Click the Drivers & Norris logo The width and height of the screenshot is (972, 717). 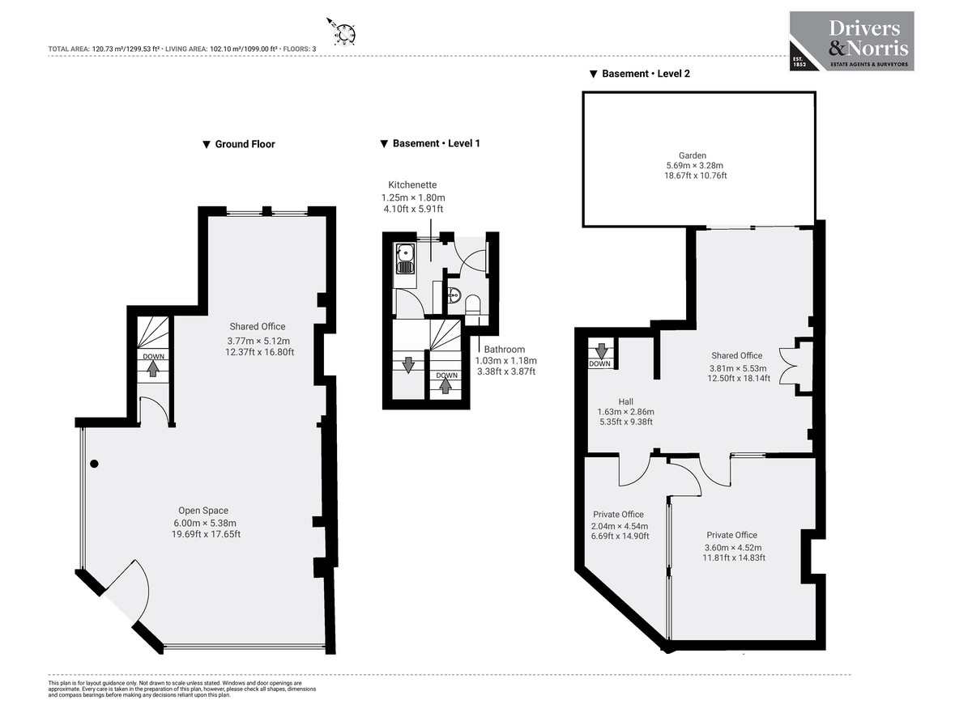(851, 40)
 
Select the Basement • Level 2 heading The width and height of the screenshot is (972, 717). (640, 74)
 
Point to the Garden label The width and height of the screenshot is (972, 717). (693, 155)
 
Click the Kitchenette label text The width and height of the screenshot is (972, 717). (413, 185)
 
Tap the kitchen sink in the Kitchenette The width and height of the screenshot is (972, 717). (404, 259)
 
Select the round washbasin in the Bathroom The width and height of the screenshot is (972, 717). (454, 295)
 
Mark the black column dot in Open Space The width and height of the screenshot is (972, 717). (94, 464)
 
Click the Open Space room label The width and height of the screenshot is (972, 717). (203, 511)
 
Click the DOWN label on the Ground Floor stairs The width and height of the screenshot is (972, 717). (152, 357)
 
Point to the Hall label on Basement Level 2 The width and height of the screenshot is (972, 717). (625, 401)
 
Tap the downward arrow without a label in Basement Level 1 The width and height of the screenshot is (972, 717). (408, 364)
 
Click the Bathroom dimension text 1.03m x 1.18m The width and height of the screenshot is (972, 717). (505, 361)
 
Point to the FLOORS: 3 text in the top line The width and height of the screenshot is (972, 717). (301, 49)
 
